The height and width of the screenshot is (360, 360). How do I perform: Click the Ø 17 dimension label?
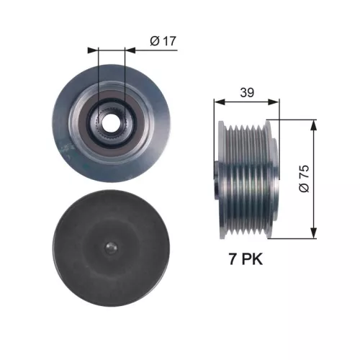coord(163,42)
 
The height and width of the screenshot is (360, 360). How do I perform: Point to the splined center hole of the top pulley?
coord(111,121)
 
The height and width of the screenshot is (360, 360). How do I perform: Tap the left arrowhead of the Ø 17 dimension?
coord(94,50)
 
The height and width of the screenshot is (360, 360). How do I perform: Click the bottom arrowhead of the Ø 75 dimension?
coord(313,234)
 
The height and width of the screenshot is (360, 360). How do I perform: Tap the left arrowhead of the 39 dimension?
coord(218,102)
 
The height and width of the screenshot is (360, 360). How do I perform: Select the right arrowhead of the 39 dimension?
coord(276,102)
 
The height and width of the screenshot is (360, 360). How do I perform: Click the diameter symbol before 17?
coord(154,42)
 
